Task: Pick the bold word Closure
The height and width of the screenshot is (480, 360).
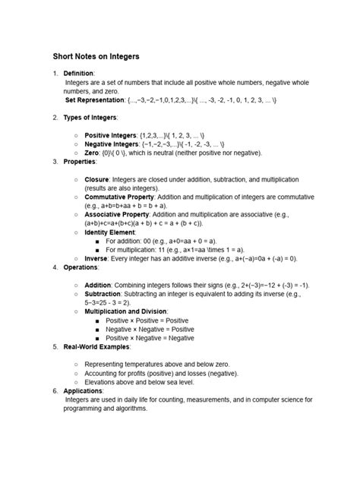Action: click(x=98, y=179)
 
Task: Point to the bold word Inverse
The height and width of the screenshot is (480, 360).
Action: click(x=96, y=258)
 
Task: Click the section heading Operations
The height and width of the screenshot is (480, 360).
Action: click(x=81, y=267)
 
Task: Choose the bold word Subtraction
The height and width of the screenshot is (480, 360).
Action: click(x=103, y=293)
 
